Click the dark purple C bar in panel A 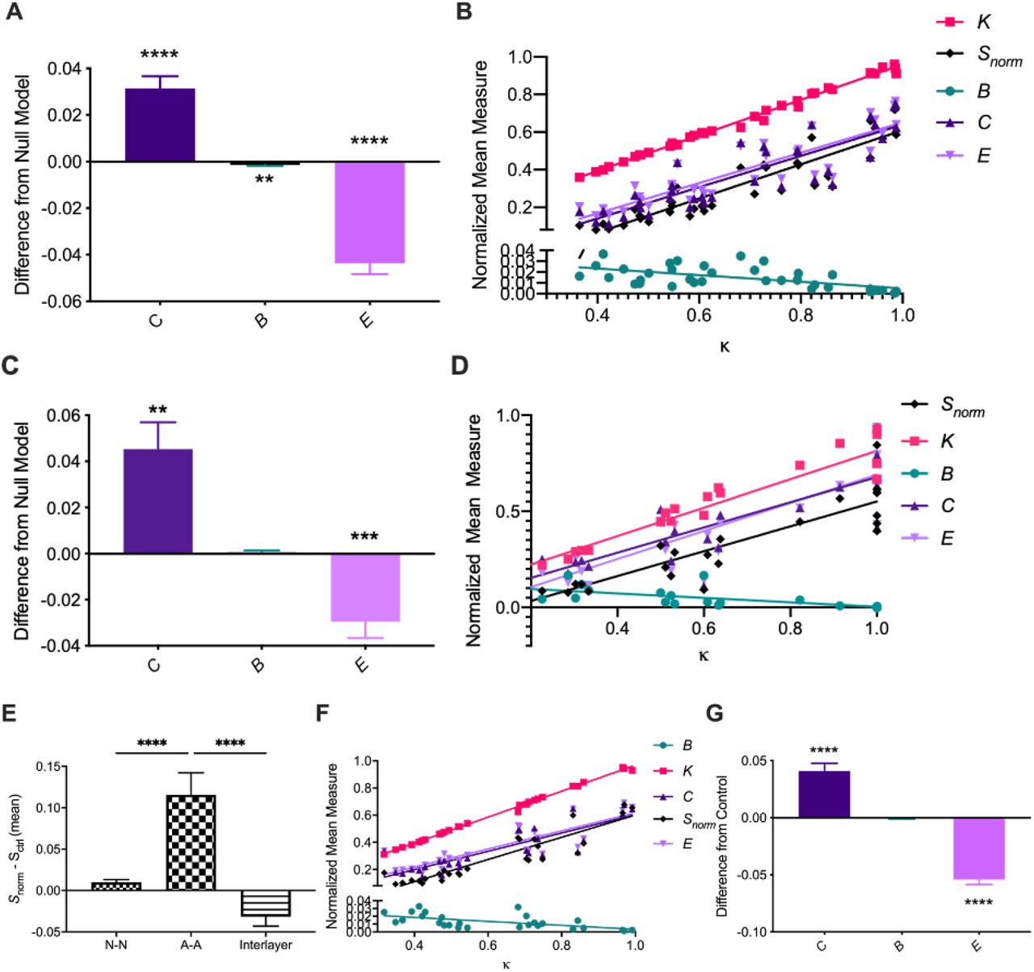(159, 125)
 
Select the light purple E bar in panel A (369, 212)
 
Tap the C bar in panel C (158, 501)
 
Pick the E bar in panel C (364, 587)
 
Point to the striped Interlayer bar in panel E (266, 903)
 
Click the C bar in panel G (823, 794)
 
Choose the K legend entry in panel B (982, 23)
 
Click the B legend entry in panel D (947, 474)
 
